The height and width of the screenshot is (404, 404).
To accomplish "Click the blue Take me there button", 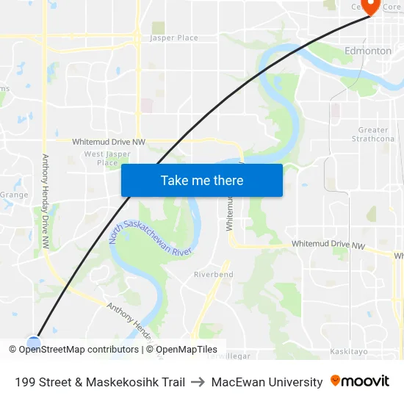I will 201,180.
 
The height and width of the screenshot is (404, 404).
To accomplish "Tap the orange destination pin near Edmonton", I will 369,7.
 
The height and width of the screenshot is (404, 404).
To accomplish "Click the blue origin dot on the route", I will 34,342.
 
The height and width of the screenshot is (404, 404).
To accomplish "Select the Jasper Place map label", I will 174,37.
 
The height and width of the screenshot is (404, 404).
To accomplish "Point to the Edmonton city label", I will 368,51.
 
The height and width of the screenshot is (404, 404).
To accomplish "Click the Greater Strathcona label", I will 373,134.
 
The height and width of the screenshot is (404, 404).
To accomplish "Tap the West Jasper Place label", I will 107,158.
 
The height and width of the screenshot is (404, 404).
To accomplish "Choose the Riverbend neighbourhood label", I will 213,274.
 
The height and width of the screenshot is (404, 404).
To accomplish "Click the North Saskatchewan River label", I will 150,240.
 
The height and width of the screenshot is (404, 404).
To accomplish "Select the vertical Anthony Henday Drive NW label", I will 46,200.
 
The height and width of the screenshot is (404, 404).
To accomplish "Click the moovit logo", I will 360,381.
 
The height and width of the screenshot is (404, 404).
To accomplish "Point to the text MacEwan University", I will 267,382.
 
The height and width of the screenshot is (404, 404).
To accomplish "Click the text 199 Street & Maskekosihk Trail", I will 100,382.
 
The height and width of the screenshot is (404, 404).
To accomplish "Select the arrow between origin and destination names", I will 198,382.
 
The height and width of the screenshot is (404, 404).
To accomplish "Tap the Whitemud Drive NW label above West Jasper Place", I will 108,141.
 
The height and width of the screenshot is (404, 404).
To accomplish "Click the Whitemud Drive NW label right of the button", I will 328,244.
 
